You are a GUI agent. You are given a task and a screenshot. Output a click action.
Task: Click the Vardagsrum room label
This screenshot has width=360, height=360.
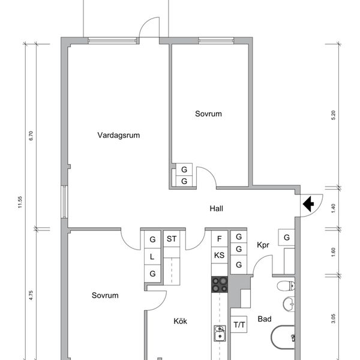pyautogui.click(x=118, y=135)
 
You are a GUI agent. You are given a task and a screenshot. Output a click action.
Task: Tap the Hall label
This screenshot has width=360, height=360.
pyautogui.click(x=216, y=208)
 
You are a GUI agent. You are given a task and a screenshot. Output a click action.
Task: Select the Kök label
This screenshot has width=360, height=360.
pyautogui.click(x=180, y=321)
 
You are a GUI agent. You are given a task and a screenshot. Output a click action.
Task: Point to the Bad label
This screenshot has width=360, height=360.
pyautogui.click(x=265, y=319)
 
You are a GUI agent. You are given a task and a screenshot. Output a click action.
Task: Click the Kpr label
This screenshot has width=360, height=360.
pyautogui.click(x=263, y=245)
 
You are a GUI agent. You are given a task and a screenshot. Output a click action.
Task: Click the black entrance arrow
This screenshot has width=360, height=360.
pyautogui.click(x=308, y=203)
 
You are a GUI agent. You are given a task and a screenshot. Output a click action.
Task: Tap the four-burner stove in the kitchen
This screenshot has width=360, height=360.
pyautogui.click(x=220, y=284)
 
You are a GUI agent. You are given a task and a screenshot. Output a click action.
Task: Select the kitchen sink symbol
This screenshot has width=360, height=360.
pyautogui.click(x=220, y=333)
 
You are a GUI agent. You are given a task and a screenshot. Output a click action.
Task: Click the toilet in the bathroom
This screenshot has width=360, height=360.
pyautogui.click(x=286, y=286)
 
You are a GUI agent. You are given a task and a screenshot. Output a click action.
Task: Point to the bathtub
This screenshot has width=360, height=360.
pyautogui.click(x=283, y=337)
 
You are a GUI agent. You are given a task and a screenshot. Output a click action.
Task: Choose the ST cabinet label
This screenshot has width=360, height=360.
pyautogui.click(x=172, y=239)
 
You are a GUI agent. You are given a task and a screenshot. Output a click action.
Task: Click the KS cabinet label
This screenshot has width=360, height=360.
pyautogui.click(x=219, y=255)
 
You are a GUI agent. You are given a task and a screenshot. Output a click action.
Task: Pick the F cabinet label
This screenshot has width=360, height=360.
pyautogui.click(x=219, y=239)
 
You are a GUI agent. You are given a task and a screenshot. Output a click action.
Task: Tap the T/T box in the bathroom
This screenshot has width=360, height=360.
pyautogui.click(x=239, y=325)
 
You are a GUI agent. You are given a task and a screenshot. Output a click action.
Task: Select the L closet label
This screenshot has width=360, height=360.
pyautogui.click(x=152, y=257)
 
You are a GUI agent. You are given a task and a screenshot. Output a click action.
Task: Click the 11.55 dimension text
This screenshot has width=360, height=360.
pyautogui.click(x=20, y=202)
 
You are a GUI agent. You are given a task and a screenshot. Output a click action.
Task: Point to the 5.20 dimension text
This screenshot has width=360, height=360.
pyautogui.click(x=334, y=115)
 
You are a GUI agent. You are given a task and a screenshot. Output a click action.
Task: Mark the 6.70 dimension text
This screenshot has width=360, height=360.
pyautogui.click(x=31, y=136)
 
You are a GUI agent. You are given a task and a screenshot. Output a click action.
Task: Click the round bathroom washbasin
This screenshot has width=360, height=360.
pyautogui.click(x=289, y=304)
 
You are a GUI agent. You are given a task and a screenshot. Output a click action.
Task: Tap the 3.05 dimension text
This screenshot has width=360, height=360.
pyautogui.click(x=334, y=319)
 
